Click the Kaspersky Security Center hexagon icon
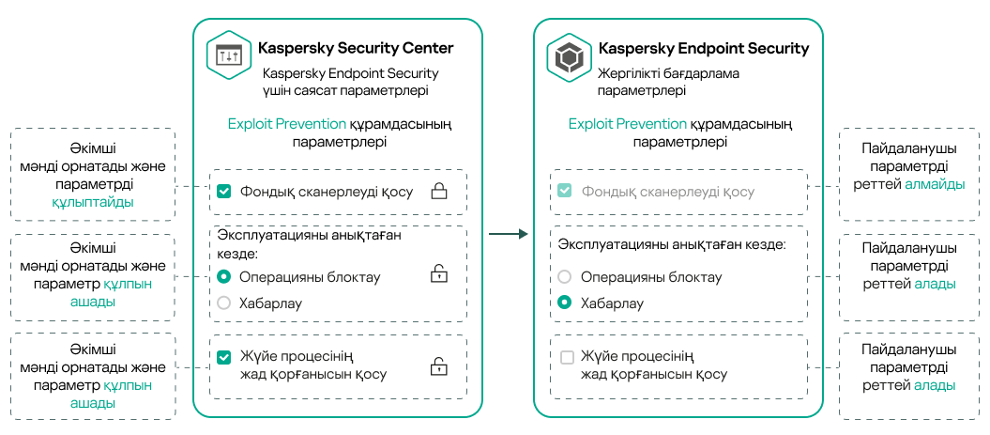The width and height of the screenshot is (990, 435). click(x=228, y=57)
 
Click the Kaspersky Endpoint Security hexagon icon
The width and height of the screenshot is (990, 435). click(x=569, y=57)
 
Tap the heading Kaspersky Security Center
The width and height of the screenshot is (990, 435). click(x=356, y=48)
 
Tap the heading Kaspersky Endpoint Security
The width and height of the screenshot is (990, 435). click(x=703, y=48)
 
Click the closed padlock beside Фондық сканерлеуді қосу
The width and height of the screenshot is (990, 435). click(x=438, y=192)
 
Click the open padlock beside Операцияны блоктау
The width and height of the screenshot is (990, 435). click(x=438, y=274)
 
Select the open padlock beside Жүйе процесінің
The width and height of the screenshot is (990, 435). click(x=438, y=366)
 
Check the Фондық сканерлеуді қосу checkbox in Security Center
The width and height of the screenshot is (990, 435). click(x=223, y=192)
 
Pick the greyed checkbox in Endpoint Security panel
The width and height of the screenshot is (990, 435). click(x=564, y=192)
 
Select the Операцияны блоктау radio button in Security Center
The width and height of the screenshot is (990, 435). click(x=223, y=277)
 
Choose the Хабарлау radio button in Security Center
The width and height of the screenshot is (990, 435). click(x=223, y=303)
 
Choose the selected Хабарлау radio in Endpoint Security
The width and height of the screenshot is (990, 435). click(x=564, y=303)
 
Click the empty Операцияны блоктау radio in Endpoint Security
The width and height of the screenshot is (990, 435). click(x=564, y=277)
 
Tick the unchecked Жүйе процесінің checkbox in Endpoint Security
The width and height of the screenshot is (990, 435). click(x=566, y=358)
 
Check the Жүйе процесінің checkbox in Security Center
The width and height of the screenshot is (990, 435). click(x=223, y=358)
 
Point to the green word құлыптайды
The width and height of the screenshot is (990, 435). click(x=93, y=202)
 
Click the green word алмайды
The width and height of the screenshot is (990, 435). click(x=935, y=184)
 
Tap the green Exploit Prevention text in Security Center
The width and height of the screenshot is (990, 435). click(x=286, y=124)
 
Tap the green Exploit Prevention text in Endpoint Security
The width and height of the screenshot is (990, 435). click(x=627, y=124)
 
